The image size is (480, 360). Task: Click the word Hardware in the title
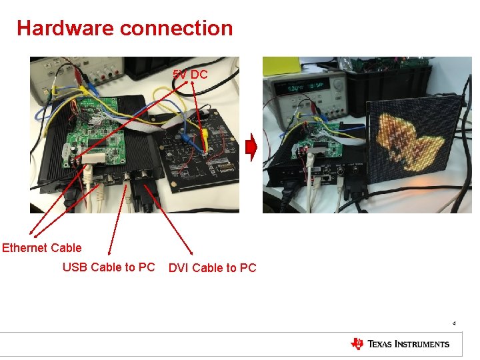[x=65, y=28]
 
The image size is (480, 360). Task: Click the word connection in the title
[x=177, y=28]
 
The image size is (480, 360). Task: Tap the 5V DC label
[x=190, y=75]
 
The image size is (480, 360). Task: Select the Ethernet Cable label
[x=41, y=248]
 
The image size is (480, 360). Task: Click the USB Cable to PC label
[x=108, y=267]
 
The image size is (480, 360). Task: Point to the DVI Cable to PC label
[x=212, y=268]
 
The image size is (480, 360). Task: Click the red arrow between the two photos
[x=251, y=148]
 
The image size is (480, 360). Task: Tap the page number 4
[x=454, y=323]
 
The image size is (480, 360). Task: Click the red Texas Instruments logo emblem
[x=357, y=344]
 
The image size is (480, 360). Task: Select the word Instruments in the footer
[x=421, y=344]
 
